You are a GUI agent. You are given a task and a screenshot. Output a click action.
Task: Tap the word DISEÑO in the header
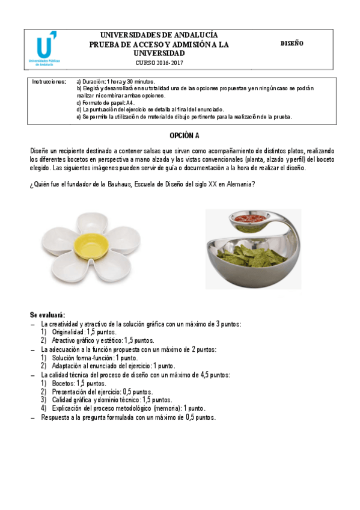[x=291, y=44]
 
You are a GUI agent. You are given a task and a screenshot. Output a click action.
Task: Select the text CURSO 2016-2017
[x=159, y=63]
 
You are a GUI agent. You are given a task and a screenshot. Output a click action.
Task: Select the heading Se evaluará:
[x=47, y=315]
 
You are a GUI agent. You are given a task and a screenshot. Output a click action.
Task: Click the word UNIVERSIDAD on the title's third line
[x=159, y=53]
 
